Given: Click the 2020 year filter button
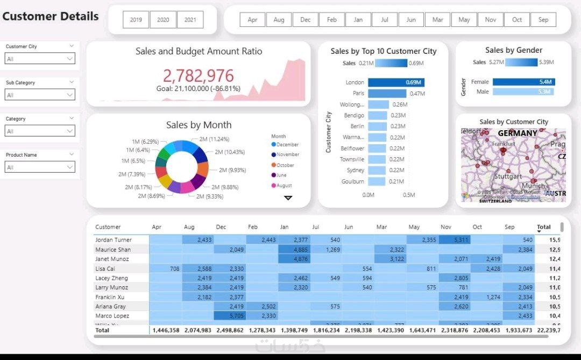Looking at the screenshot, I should (x=163, y=20).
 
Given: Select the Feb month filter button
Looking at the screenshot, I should (x=332, y=20).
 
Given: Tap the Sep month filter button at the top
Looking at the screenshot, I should (x=543, y=20).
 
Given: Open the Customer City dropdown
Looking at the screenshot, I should (x=40, y=59).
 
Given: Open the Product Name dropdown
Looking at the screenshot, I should (x=40, y=167).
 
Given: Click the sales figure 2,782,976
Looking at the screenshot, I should (x=199, y=75).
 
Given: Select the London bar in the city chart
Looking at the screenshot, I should (x=395, y=82).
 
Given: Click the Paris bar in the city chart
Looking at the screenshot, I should (x=387, y=94).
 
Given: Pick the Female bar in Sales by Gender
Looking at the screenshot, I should (x=523, y=82).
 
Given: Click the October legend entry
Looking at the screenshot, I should (x=285, y=165).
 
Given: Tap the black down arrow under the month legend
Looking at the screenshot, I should (x=288, y=198).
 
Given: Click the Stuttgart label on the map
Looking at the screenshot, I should (x=508, y=177).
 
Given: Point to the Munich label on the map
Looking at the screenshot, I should (x=533, y=186).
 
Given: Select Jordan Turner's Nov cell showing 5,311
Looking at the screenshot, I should (x=455, y=240).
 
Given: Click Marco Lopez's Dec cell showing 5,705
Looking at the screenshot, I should (x=230, y=316).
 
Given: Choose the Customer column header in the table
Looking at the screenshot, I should (x=108, y=227).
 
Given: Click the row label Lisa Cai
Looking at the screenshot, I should (x=105, y=269).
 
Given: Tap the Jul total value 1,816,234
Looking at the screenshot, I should (x=327, y=330).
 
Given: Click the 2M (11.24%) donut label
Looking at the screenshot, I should (x=214, y=139).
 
